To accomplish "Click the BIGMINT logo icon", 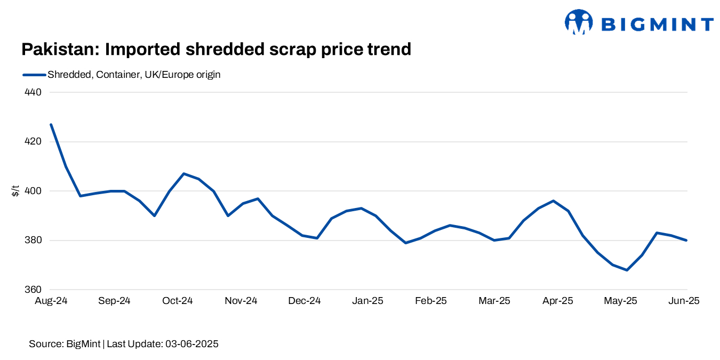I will (579, 22).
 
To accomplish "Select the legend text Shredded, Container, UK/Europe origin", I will (134, 75).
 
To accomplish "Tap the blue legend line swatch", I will (34, 75).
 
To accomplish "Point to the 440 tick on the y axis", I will (34, 92).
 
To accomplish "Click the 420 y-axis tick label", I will (34, 142).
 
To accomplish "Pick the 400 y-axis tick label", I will (34, 191).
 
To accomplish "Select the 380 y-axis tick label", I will (34, 241).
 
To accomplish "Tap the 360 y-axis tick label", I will (34, 290).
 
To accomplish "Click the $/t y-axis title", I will (15, 191).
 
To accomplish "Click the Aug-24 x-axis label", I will (51, 301).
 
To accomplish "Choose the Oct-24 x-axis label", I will (178, 301).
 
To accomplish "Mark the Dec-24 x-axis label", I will (305, 301).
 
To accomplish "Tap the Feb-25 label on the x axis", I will (431, 301).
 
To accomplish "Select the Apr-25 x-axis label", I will (558, 301).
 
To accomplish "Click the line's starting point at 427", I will (51, 124).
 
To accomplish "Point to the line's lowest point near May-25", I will (627, 270).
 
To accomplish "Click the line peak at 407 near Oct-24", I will (183, 173).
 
